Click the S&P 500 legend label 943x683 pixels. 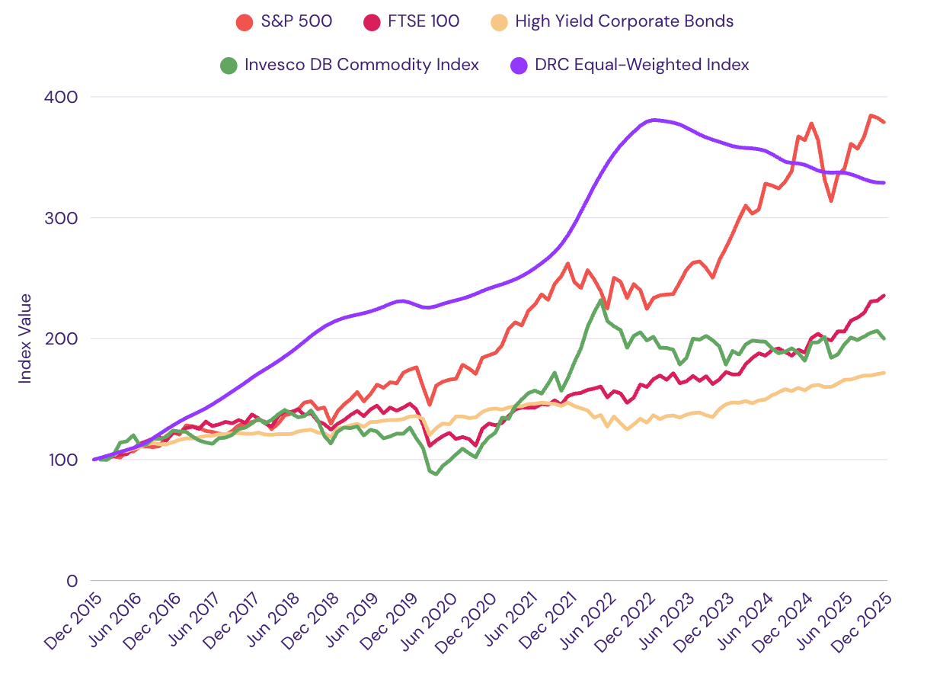[296, 21]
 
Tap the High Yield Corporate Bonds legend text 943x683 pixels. [624, 21]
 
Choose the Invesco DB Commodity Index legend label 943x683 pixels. [362, 65]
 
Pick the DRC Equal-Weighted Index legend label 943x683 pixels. [641, 65]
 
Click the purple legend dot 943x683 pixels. [519, 65]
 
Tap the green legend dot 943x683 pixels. [229, 65]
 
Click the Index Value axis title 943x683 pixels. [26, 338]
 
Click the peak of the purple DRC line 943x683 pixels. [654, 120]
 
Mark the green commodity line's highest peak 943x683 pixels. [602, 300]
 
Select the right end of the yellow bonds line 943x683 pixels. [884, 373]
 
